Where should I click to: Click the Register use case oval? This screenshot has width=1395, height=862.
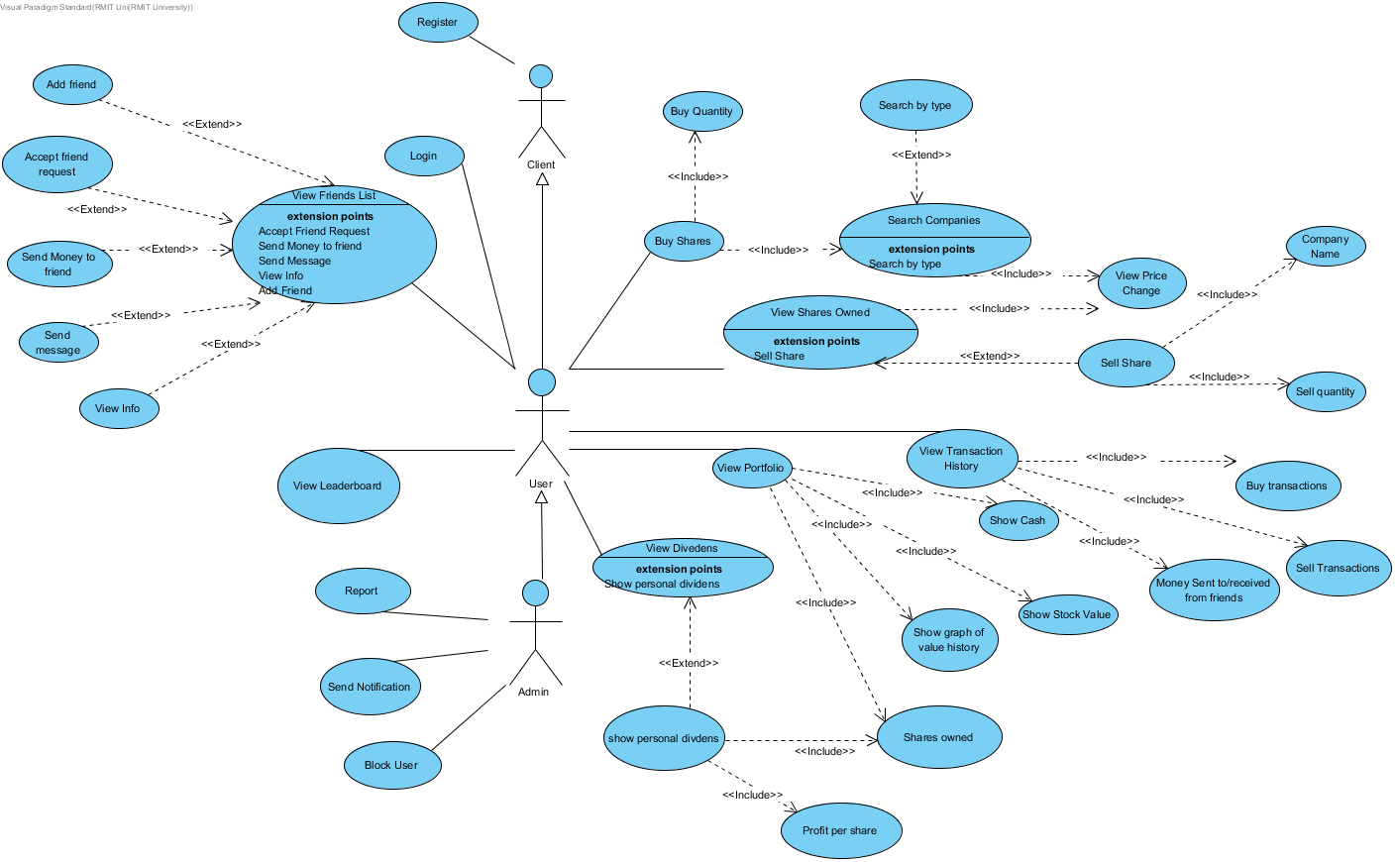coord(438,22)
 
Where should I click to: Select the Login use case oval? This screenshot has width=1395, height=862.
coord(424,156)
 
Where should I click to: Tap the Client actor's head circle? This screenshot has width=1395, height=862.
coord(541,76)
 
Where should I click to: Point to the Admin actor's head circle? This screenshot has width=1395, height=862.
coord(535,593)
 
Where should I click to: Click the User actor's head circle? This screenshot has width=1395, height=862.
coord(542,381)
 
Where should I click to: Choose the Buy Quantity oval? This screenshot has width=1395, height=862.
coord(701,111)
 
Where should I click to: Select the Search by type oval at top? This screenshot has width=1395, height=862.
coord(915,105)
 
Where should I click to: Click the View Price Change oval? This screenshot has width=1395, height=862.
coord(1141,283)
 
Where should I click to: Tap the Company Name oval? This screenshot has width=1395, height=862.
coord(1326,246)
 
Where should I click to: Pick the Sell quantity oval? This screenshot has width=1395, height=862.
coord(1326,391)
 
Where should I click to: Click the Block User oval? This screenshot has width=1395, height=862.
coord(391,765)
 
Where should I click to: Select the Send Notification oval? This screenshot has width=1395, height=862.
coord(370,687)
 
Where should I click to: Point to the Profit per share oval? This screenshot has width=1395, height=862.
coord(840,830)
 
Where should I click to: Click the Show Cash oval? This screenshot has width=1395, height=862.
coord(1018,520)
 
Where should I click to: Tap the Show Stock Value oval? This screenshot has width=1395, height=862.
coord(1067,614)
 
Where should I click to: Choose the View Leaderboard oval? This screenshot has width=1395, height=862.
coord(338,485)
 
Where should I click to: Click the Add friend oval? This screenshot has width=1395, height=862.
coord(71,84)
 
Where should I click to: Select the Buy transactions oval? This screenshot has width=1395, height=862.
coord(1287,485)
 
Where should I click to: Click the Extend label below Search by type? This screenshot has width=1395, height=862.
coord(921,155)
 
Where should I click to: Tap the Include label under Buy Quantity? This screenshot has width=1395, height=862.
coord(697,176)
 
